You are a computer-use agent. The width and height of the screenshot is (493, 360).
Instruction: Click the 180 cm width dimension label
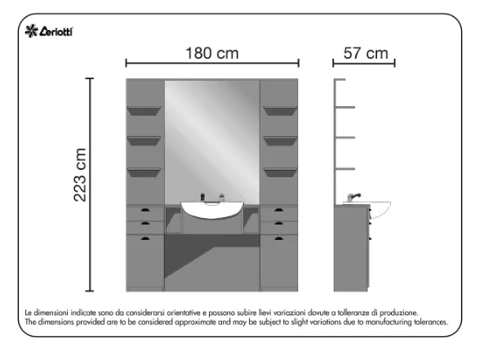click(212, 53)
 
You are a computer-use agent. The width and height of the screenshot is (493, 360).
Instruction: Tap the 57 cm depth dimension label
click(366, 53)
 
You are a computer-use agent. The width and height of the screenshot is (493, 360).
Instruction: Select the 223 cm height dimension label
click(80, 175)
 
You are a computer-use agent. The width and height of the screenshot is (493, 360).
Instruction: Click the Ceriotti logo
click(49, 31)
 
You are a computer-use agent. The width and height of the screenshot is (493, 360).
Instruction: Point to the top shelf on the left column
click(144, 111)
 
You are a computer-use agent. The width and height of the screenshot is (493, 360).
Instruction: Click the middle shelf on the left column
click(144, 141)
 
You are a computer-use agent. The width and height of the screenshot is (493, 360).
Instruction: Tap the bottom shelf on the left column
click(144, 172)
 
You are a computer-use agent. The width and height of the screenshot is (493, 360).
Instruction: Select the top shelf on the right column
click(280, 111)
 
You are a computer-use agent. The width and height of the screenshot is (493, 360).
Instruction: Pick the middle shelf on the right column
click(280, 141)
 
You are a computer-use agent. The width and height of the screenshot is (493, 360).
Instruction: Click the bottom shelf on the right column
click(280, 172)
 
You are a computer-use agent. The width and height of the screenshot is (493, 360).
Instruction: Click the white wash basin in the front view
click(212, 210)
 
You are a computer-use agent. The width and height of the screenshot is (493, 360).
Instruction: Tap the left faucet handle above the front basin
click(202, 197)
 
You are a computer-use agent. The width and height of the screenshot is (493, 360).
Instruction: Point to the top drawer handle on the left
click(145, 210)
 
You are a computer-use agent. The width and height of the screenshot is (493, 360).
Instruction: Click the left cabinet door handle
click(145, 238)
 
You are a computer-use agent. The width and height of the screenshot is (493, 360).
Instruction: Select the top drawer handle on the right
click(279, 210)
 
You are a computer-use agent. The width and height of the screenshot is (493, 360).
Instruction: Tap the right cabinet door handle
click(279, 238)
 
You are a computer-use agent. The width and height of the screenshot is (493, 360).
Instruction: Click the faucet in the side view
click(353, 198)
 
